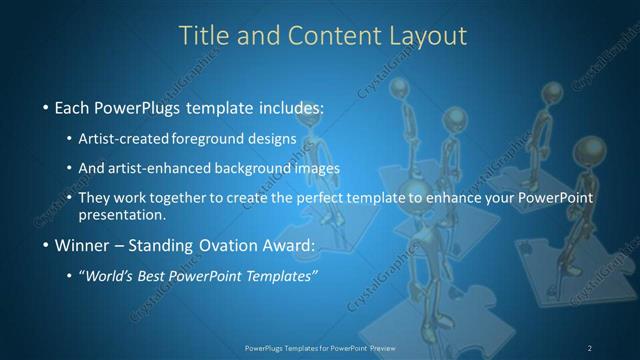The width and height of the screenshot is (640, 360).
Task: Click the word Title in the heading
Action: pos(203,35)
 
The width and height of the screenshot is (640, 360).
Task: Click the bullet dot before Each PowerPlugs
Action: pos(46,107)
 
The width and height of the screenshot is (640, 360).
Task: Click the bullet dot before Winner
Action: pos(46,246)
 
